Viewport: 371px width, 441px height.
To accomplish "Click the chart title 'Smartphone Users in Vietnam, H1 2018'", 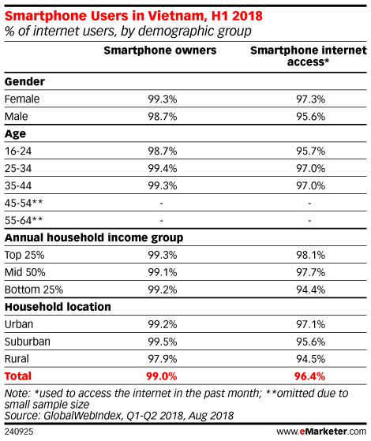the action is click(x=133, y=16).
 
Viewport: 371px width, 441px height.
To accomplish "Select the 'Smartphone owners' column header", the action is click(x=160, y=50).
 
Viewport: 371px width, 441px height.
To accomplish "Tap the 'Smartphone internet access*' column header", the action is click(x=309, y=56).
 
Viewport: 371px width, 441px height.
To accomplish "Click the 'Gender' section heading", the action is click(x=24, y=81).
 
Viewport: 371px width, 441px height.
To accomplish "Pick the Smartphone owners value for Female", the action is click(x=163, y=99).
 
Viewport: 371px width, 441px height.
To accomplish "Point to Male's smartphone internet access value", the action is click(x=310, y=117).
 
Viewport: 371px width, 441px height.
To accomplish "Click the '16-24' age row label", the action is click(x=18, y=151).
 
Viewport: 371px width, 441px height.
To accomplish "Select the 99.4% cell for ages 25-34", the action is click(x=163, y=169).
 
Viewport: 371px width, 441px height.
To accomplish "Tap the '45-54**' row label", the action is click(x=24, y=203).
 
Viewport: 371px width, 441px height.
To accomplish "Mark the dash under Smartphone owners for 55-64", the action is click(x=161, y=221).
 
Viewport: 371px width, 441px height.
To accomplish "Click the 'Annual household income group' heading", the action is click(x=94, y=238).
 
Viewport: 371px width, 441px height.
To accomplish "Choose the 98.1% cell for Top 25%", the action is click(x=310, y=255).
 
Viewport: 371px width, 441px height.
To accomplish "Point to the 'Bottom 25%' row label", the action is click(x=34, y=290).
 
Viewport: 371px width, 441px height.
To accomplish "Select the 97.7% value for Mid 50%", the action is click(x=310, y=272).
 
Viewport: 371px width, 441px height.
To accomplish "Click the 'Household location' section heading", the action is click(x=58, y=307).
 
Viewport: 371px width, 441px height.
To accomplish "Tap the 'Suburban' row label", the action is click(x=28, y=342).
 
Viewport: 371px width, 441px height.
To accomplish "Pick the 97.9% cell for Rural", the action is click(x=163, y=359).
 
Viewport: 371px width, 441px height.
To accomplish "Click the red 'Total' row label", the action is click(x=17, y=376).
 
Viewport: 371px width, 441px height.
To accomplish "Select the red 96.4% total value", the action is click(x=309, y=376).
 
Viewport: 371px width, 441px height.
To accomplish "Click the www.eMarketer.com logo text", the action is click(x=321, y=432).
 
